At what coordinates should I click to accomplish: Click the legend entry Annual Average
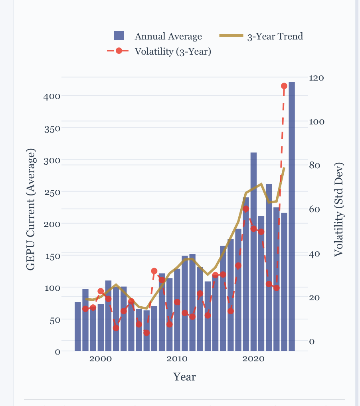(168, 36)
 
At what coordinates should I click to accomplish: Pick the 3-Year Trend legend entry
(275, 36)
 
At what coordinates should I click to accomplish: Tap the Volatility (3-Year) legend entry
(172, 51)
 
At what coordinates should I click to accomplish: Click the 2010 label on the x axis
(177, 359)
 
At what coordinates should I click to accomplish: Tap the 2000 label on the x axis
(101, 359)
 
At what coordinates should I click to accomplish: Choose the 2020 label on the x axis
(253, 359)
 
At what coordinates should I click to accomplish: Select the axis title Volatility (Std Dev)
(339, 209)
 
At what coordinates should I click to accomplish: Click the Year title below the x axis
(184, 376)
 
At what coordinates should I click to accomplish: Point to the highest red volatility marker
(284, 86)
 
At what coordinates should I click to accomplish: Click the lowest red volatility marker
(146, 333)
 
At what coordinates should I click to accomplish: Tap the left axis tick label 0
(58, 352)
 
